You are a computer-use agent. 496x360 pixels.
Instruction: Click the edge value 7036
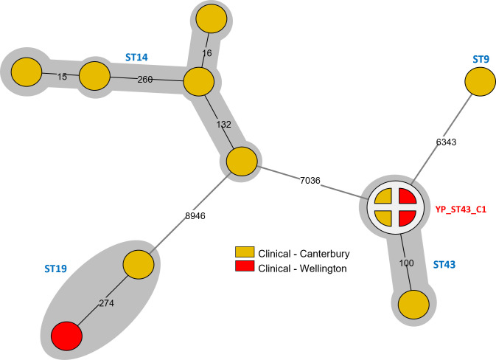[x=313, y=179]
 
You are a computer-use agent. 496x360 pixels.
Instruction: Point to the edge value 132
[x=225, y=124]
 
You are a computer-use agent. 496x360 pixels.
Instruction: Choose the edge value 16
[x=206, y=54]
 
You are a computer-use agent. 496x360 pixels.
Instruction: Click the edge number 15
[x=62, y=76]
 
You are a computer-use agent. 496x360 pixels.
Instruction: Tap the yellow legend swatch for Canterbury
[x=244, y=253]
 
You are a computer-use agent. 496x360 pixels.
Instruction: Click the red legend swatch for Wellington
[x=244, y=268]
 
